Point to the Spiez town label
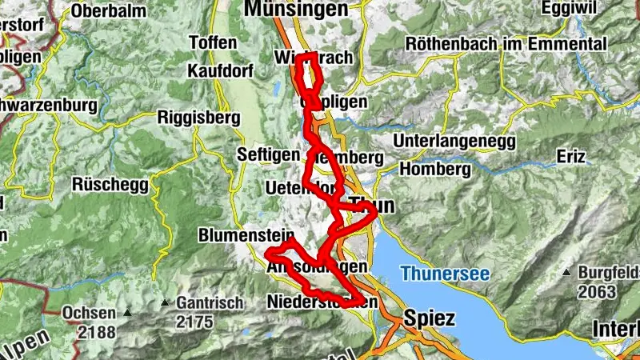point(430,318)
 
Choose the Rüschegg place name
point(110,184)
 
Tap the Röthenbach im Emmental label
point(506,44)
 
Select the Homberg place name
point(434,170)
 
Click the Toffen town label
point(213,42)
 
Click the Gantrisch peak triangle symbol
point(165,303)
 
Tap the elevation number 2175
point(195,322)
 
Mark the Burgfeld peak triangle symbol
point(566,272)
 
